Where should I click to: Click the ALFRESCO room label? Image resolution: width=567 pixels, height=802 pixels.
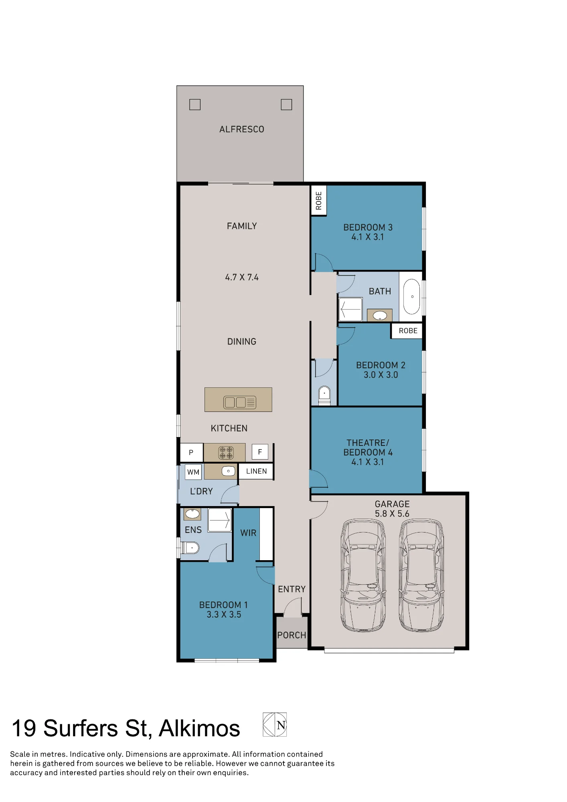click(x=241, y=129)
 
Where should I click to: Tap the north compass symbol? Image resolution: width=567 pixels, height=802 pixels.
click(x=275, y=725)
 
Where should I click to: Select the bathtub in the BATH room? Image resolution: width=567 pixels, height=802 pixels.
click(x=411, y=297)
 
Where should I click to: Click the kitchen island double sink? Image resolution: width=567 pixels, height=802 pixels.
click(x=240, y=402)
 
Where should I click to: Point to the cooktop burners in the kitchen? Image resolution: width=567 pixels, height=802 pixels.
click(x=226, y=453)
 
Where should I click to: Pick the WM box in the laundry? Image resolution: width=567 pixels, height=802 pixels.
click(x=193, y=472)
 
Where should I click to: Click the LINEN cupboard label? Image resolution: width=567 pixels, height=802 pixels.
click(x=256, y=471)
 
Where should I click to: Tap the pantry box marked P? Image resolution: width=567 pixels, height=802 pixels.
click(x=191, y=452)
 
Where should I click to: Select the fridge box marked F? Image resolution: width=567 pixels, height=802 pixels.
click(x=260, y=452)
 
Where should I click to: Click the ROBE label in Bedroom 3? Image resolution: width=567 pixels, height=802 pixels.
click(x=319, y=200)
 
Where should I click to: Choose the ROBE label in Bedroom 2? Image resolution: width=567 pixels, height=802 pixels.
click(x=408, y=331)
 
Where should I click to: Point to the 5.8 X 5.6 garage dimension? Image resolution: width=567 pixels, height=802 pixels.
click(x=392, y=514)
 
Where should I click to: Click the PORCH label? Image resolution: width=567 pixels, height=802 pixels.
click(x=292, y=635)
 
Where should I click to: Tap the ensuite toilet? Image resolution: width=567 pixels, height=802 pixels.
click(x=190, y=547)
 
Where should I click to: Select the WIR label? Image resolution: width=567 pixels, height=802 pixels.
click(x=248, y=533)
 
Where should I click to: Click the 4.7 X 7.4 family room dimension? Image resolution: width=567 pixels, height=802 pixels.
click(x=242, y=277)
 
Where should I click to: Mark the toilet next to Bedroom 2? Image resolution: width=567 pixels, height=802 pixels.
click(x=324, y=395)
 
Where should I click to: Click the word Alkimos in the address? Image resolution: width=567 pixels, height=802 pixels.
click(x=199, y=728)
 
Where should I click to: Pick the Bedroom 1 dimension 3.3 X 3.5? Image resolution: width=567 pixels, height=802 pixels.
click(x=224, y=614)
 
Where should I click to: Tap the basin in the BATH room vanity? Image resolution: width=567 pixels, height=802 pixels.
click(x=380, y=316)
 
